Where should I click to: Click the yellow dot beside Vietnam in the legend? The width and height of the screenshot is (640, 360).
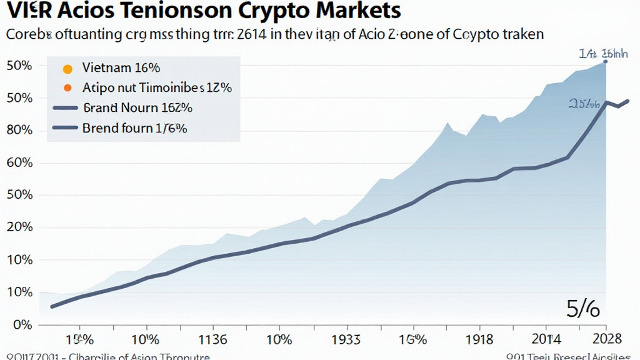69,68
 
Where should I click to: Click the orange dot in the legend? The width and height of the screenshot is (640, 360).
69,87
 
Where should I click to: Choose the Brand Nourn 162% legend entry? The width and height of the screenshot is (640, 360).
137,107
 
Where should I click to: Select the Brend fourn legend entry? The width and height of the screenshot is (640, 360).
135,128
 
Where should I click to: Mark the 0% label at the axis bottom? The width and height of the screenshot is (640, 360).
21,325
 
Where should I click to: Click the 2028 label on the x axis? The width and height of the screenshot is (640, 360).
605,339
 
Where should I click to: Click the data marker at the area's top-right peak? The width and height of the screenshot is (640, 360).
605,62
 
